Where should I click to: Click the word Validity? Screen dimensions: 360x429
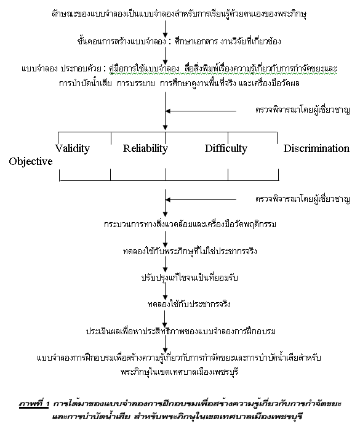[x=73, y=148]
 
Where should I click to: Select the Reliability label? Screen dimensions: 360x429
[x=145, y=148]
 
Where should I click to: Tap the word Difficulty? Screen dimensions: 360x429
[x=226, y=148]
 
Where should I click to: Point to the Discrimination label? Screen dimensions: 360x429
[x=316, y=148]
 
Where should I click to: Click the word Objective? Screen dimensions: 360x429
[x=31, y=161]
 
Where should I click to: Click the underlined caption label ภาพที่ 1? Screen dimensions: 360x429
[x=34, y=404]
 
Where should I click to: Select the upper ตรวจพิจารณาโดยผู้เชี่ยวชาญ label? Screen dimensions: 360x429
[x=303, y=110]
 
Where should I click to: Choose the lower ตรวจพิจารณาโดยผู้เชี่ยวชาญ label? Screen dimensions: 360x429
[x=303, y=199]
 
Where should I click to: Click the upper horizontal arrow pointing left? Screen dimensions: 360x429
[x=201, y=111]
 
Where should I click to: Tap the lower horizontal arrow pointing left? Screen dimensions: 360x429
[x=201, y=199]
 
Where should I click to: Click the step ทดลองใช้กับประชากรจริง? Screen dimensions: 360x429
[x=189, y=304]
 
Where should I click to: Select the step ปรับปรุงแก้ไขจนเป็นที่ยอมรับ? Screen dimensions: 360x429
[x=190, y=278]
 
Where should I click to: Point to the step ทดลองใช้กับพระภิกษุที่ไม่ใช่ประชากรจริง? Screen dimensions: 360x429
[x=190, y=251]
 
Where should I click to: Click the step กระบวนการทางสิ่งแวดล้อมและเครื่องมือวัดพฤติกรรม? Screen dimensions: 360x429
[x=190, y=224]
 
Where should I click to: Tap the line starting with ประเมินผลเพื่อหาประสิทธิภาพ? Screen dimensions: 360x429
[x=181, y=331]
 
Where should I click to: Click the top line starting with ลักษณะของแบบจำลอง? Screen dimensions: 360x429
[x=179, y=14]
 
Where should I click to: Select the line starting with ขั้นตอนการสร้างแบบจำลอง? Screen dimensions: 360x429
[x=179, y=41]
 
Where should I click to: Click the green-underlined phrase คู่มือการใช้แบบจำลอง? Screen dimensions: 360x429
[x=144, y=68]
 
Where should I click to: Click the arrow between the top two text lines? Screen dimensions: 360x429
[x=165, y=29]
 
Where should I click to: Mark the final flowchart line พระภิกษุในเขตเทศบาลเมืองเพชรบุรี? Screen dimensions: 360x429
[x=180, y=372]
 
